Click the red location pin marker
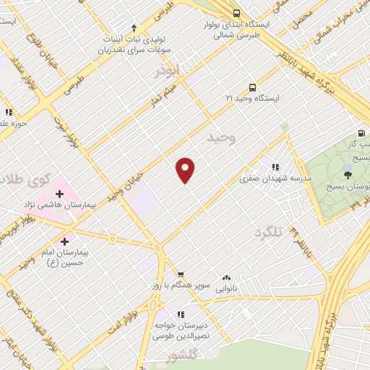tap(185, 169)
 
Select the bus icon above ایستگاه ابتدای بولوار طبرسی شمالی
tap(236, 13)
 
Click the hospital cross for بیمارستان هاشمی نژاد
tap(59, 194)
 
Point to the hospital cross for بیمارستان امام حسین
tap(65, 241)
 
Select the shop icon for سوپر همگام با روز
tap(181, 274)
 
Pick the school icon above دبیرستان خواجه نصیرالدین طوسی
tap(181, 314)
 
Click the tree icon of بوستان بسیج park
tap(348, 173)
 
